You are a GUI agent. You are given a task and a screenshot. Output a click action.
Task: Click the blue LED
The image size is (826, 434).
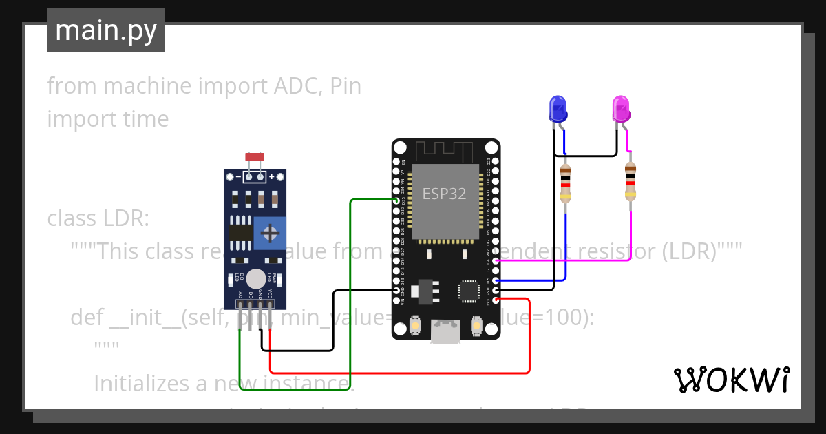click(x=558, y=109)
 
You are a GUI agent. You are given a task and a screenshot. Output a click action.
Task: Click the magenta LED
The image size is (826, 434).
click(x=621, y=109)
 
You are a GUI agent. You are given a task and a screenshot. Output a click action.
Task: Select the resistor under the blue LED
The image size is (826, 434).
click(x=566, y=183)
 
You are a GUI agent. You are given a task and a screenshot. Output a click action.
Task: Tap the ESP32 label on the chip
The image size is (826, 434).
click(x=444, y=194)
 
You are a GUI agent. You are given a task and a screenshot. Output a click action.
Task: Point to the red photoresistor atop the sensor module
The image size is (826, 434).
click(x=254, y=158)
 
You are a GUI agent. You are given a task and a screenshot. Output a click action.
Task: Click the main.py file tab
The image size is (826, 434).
click(x=106, y=31)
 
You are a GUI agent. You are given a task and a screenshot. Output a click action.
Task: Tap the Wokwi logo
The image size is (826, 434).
click(x=731, y=380)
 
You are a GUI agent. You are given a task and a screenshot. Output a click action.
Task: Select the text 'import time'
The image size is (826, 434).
click(x=108, y=119)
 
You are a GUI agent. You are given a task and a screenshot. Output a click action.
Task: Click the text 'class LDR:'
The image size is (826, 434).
click(x=98, y=218)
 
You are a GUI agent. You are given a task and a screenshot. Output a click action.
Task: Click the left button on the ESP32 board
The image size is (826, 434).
click(x=415, y=324)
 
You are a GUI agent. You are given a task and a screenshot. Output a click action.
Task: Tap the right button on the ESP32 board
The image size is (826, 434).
click(x=476, y=324)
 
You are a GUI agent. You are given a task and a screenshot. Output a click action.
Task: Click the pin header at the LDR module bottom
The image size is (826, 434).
click(x=255, y=304)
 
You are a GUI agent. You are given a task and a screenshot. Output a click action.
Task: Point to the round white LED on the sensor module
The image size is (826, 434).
click(x=255, y=278)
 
